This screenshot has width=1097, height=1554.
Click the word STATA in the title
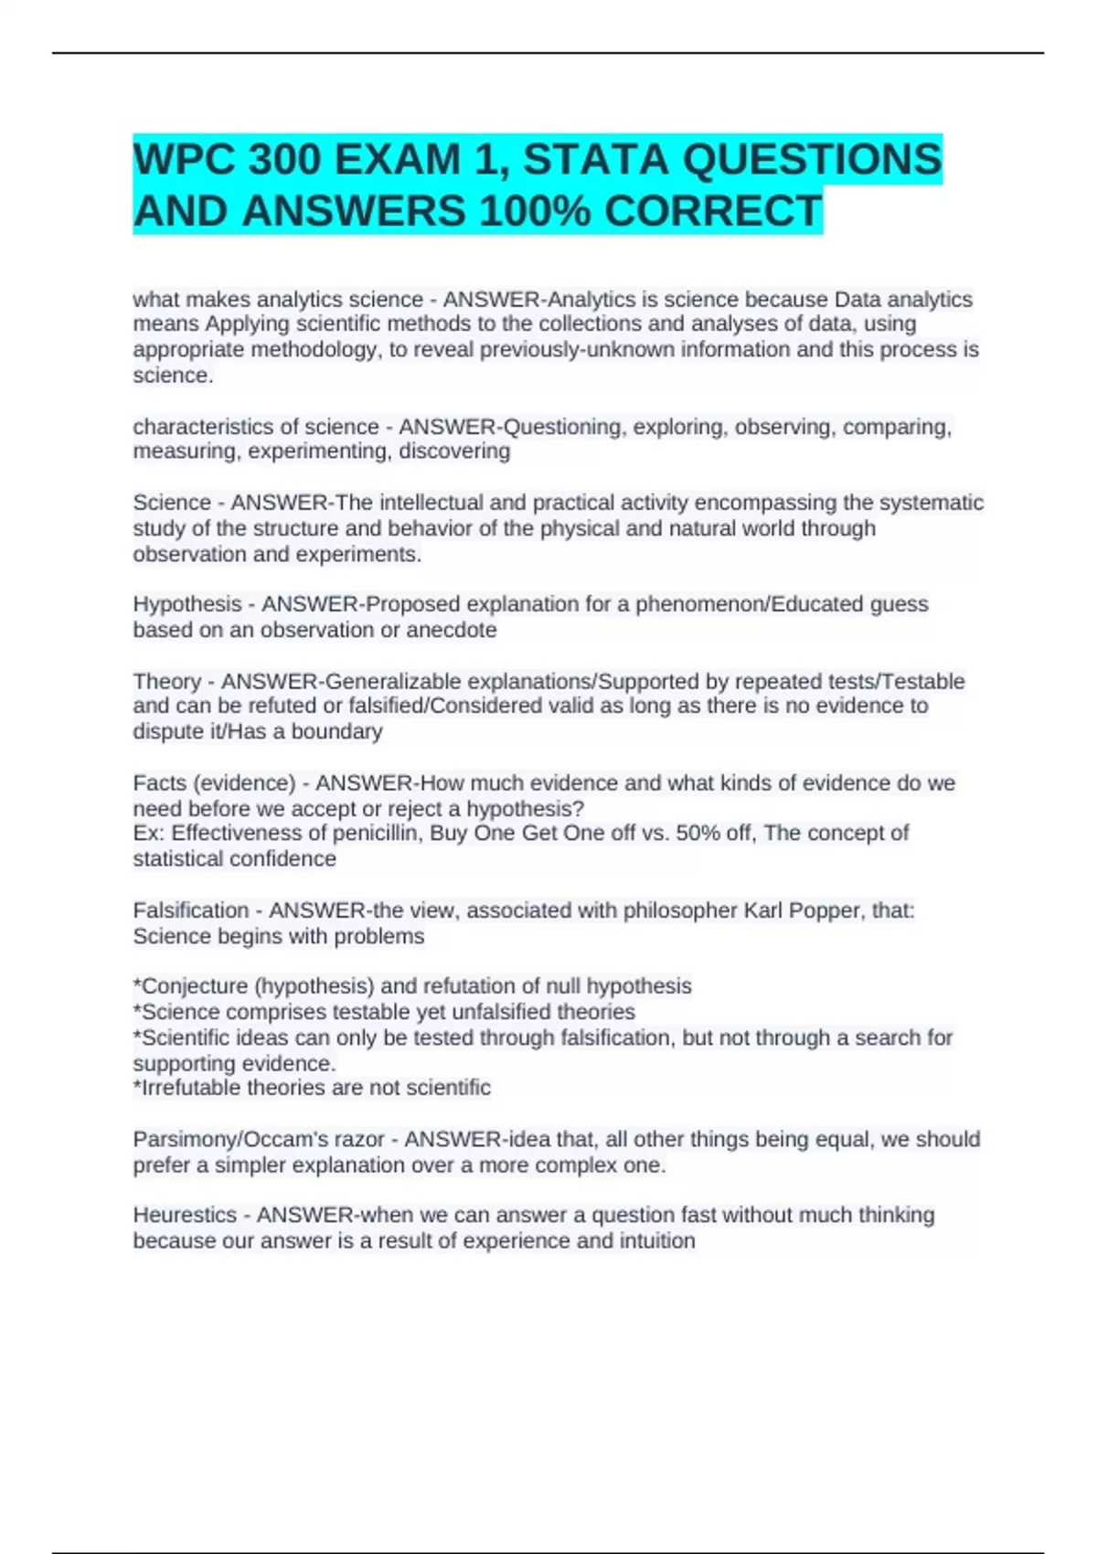pyautogui.click(x=596, y=159)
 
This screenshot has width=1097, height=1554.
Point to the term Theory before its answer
pyautogui.click(x=167, y=681)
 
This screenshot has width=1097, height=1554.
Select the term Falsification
pyautogui.click(x=191, y=910)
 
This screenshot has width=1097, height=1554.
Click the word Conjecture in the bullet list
pyautogui.click(x=195, y=986)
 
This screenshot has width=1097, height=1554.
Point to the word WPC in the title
pyautogui.click(x=184, y=159)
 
